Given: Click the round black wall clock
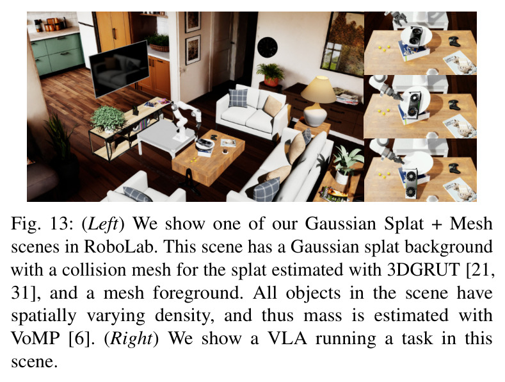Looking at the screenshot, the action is [268, 47].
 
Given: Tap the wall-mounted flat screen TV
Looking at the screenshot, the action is [120, 69].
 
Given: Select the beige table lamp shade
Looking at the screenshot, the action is [318, 90].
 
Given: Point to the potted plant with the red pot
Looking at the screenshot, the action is [271, 75].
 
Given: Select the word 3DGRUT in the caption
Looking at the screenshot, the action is [423, 270].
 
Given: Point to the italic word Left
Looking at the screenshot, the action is [103, 224].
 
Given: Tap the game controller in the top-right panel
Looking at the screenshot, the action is [454, 41].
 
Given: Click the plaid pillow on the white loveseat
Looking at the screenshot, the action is [238, 98].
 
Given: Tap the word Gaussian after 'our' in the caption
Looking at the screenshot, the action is [340, 224].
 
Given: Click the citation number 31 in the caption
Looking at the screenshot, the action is [22, 293].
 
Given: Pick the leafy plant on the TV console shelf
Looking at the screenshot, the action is [108, 119].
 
